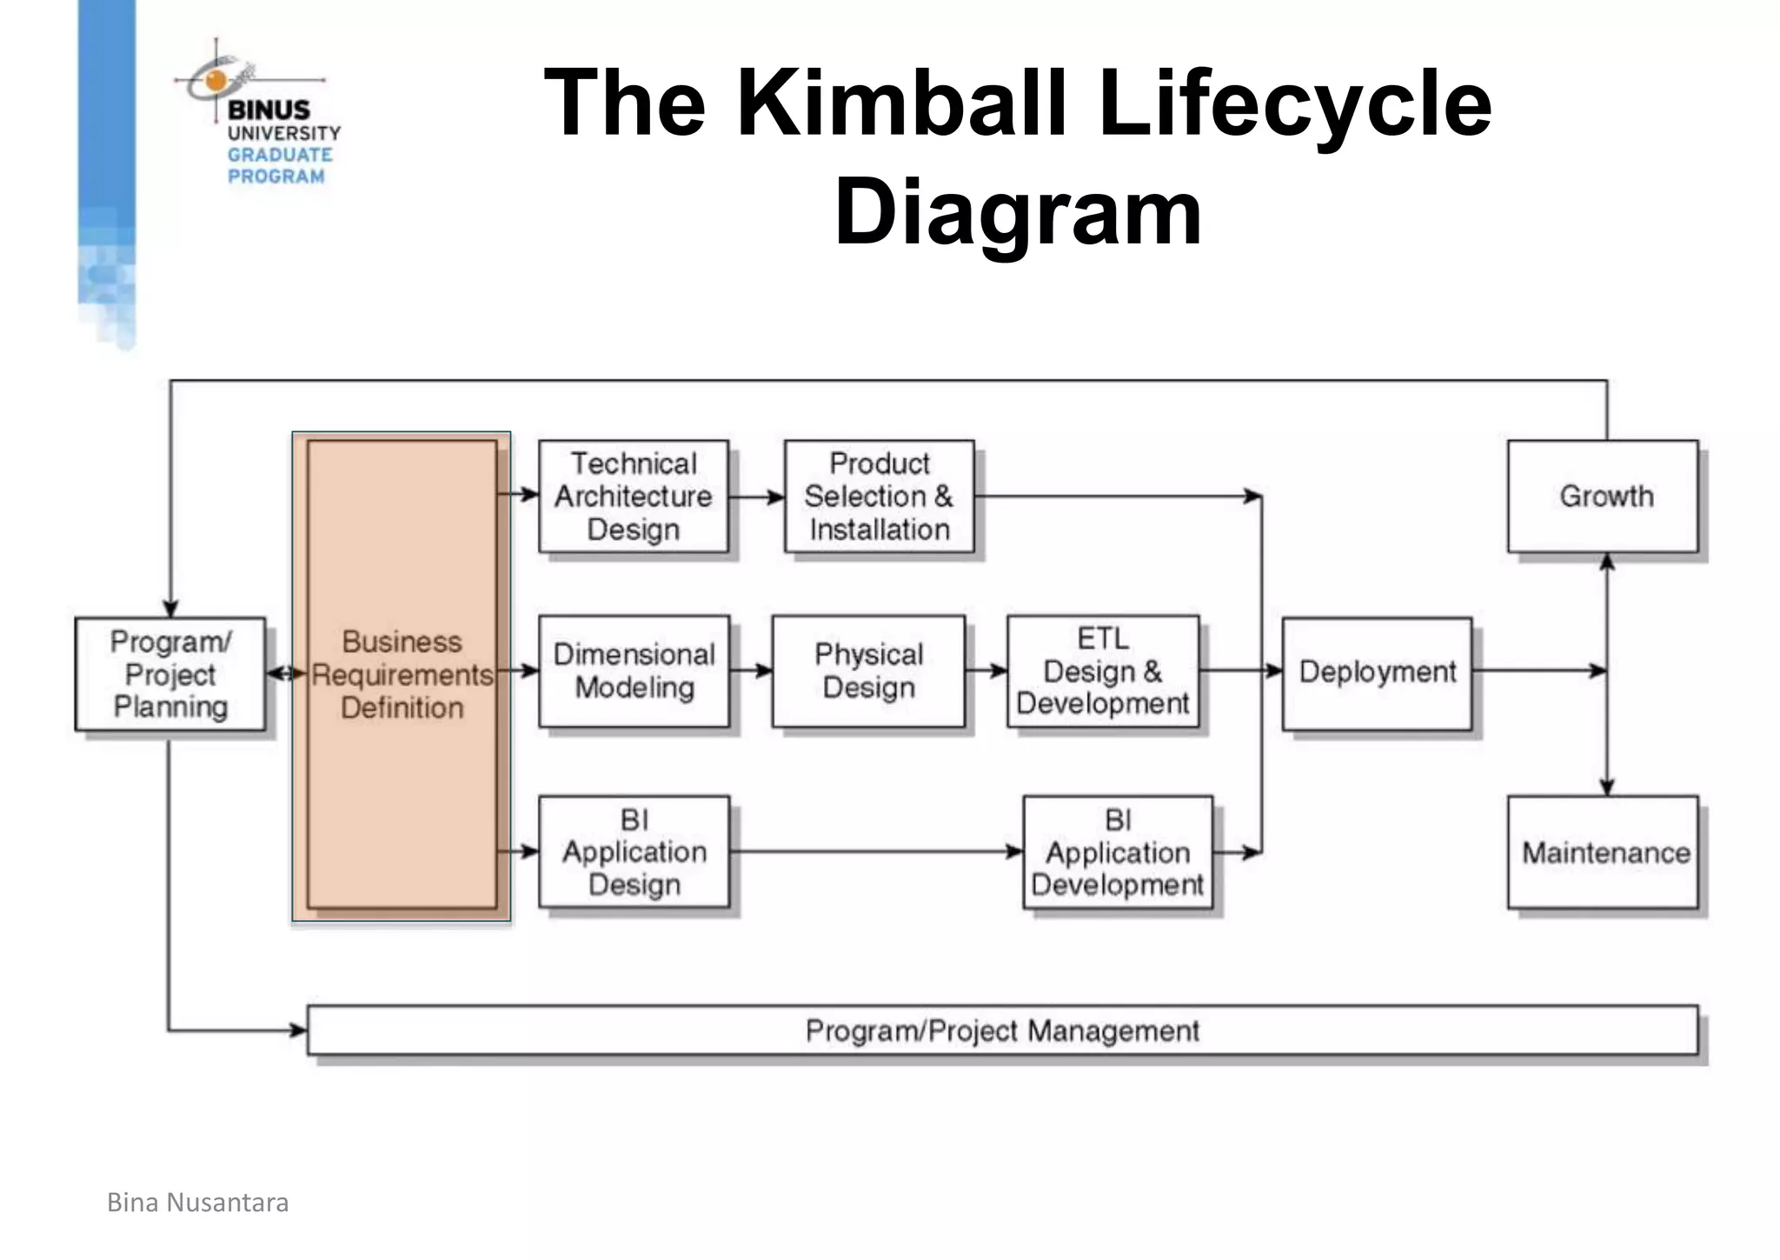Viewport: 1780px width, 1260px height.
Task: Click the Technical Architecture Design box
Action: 633,497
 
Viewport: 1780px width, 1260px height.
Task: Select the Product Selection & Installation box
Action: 879,497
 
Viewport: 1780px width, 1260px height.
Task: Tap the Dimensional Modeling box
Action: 634,671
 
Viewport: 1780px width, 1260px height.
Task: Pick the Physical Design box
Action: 868,671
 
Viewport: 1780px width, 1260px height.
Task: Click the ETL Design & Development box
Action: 1102,671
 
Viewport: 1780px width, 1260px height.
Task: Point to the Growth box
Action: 1602,497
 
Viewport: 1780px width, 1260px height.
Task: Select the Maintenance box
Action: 1602,852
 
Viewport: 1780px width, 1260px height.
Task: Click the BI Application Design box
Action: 634,852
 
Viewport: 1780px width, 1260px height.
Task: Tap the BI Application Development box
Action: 1118,852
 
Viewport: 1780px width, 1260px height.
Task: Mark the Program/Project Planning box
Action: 170,674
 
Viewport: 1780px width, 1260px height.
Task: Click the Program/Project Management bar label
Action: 1002,1031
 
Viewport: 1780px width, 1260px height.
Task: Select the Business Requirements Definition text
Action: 402,675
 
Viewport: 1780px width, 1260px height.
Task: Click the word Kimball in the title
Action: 900,104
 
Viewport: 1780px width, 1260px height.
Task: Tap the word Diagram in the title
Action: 1018,211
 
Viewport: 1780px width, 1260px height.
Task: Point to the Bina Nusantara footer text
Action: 197,1203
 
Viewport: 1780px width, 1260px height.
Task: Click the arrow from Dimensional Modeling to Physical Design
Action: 752,670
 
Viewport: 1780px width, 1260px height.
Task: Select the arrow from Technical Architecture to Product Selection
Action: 757,497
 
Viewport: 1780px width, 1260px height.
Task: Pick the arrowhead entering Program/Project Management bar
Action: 298,1031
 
